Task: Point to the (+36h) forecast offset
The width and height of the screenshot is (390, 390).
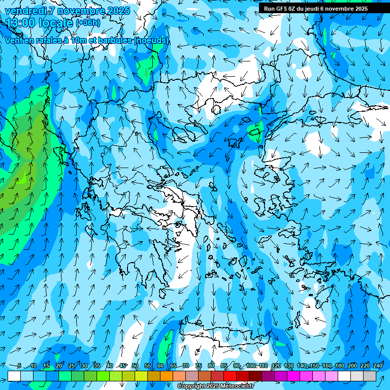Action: click(88, 23)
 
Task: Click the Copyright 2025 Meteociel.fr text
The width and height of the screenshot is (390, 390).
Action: click(215, 386)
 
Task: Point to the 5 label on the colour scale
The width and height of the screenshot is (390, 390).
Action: click(19, 366)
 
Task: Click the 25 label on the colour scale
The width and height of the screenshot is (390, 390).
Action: click(72, 366)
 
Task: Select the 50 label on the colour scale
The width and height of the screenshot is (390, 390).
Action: click(135, 366)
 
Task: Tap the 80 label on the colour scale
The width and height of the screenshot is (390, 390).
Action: click(211, 366)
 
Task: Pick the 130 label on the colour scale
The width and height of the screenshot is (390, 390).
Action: click(289, 366)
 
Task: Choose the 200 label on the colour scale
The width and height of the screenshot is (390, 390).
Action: click(351, 366)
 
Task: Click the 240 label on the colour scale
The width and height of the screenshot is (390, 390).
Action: click(377, 366)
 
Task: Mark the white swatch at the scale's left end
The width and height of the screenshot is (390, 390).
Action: click(14, 376)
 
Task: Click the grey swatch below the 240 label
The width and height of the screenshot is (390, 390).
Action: click(370, 376)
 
